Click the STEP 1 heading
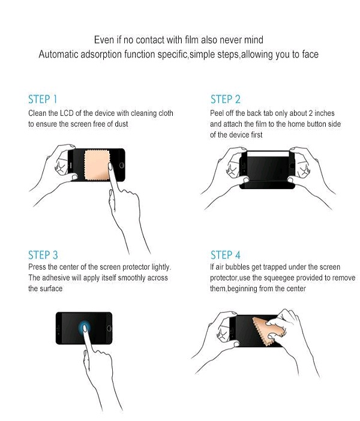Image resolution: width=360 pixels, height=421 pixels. (x=43, y=99)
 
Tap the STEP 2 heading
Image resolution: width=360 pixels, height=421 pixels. (x=225, y=99)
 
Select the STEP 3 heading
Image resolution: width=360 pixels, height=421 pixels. (x=43, y=255)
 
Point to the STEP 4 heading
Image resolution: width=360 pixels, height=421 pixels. (x=225, y=255)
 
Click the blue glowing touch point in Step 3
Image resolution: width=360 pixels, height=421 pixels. (x=85, y=327)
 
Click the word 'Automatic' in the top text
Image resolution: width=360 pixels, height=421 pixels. (x=58, y=55)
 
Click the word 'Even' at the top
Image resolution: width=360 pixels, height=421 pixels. (x=103, y=40)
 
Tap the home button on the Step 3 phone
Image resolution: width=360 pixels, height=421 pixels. (x=108, y=328)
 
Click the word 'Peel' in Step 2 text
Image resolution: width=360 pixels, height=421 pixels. (x=217, y=113)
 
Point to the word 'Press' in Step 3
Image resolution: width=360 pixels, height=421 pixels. (x=38, y=267)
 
